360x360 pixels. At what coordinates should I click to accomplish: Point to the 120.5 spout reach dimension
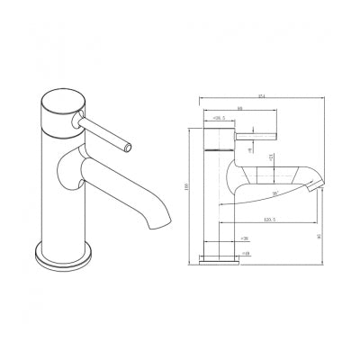point(268,220)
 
